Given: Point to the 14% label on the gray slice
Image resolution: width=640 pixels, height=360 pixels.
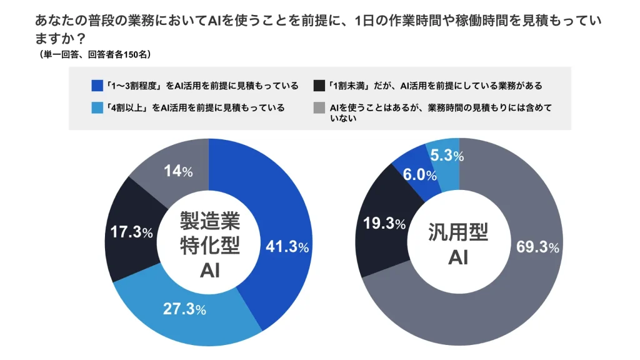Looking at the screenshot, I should coord(177,171).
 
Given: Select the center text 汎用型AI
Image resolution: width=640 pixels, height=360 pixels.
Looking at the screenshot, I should coord(458,244).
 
